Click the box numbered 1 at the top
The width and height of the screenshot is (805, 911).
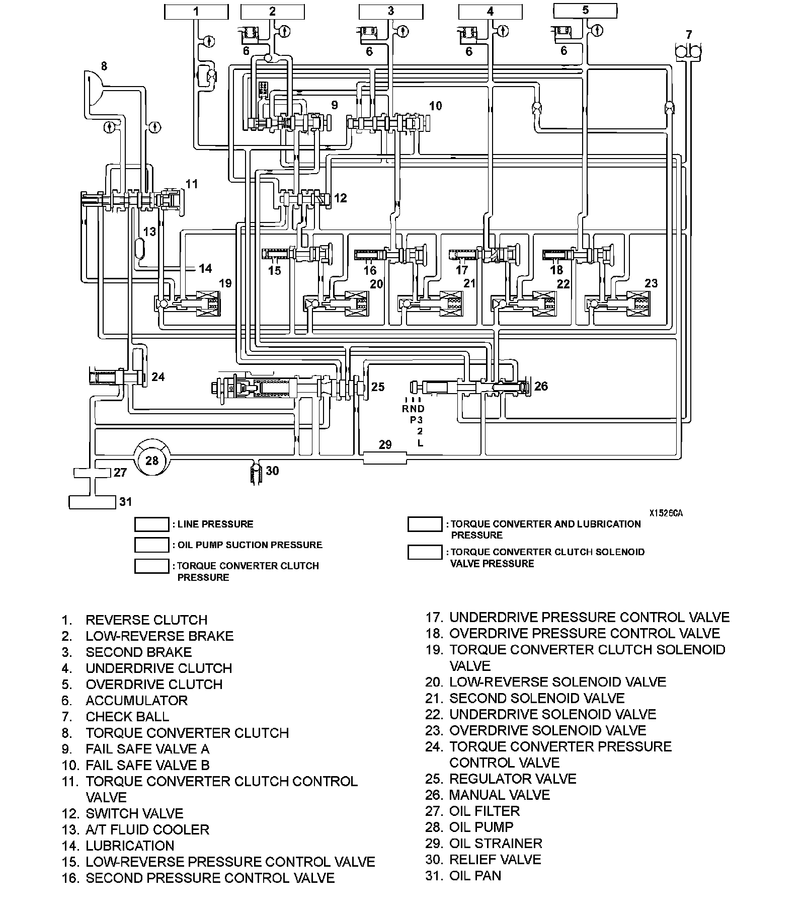tap(196, 12)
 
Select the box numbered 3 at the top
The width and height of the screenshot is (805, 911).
tap(391, 12)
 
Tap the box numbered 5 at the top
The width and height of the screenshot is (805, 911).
tap(585, 10)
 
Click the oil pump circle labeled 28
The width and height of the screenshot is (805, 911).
tap(152, 460)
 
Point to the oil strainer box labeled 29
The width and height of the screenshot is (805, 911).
tap(384, 458)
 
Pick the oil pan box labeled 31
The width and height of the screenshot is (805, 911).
tap(92, 502)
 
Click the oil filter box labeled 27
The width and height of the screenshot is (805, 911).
tap(92, 473)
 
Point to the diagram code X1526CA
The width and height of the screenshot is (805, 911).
tap(665, 513)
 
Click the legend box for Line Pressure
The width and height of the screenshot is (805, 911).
tap(151, 524)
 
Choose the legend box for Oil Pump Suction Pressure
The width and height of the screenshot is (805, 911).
tap(151, 545)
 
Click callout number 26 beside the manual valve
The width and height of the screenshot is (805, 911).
tap(541, 386)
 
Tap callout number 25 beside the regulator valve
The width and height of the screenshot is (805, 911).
tap(378, 387)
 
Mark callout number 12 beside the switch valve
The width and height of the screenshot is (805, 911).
tap(341, 198)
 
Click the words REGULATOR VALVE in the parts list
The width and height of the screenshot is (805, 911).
tap(512, 779)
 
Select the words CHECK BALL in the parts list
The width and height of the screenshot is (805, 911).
tap(127, 717)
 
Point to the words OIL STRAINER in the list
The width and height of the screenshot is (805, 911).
tap(496, 844)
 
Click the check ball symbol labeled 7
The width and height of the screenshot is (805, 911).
tap(688, 51)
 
